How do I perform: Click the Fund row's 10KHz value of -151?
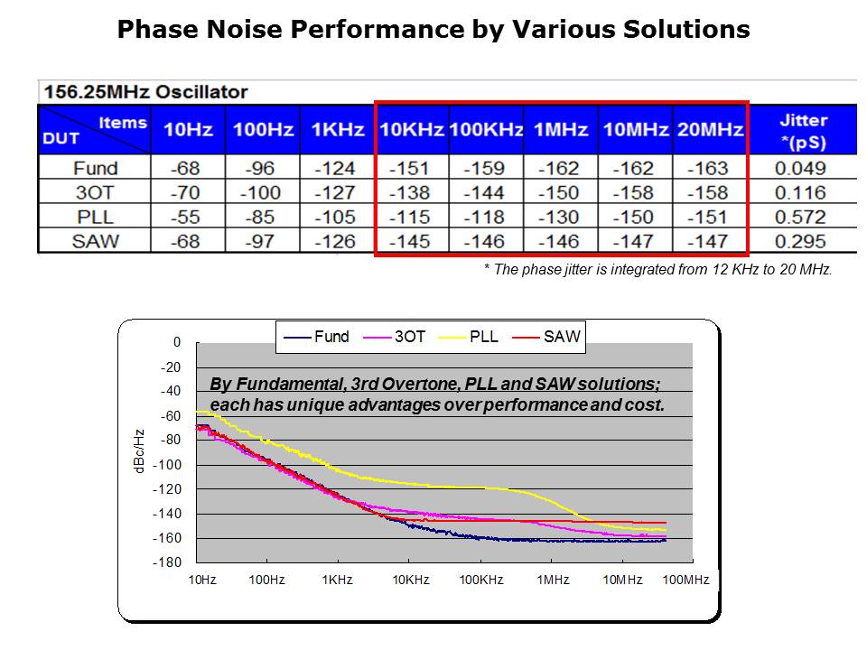pos(411,168)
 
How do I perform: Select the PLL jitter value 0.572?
pos(800,217)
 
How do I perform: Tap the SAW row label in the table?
pos(95,241)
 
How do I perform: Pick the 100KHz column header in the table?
pos(486,130)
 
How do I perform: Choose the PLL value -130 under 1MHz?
pos(560,217)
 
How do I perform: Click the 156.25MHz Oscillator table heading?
pos(144,92)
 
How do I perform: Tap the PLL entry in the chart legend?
pos(474,337)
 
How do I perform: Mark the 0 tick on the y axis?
pos(177,343)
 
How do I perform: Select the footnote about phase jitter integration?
pos(657,270)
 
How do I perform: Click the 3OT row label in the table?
pos(95,192)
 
